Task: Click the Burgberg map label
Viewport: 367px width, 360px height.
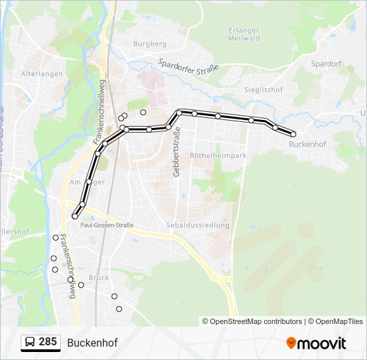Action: (149, 44)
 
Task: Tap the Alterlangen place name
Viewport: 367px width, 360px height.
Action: (42, 74)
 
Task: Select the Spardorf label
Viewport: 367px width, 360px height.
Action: (326, 64)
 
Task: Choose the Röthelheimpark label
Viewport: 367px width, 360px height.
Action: (218, 155)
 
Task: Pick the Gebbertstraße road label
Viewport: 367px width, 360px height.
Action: (177, 154)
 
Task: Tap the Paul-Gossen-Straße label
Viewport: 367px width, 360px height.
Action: (107, 225)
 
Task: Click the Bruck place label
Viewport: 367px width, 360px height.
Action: (98, 277)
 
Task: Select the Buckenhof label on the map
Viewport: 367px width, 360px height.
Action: (307, 143)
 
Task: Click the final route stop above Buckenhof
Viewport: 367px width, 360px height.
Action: (294, 134)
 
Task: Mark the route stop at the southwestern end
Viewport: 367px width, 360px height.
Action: (75, 216)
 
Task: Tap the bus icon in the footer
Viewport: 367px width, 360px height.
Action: (30, 343)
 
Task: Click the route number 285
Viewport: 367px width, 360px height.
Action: (48, 343)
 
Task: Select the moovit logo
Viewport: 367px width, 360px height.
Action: (316, 343)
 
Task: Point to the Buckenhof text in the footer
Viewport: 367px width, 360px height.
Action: (92, 343)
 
